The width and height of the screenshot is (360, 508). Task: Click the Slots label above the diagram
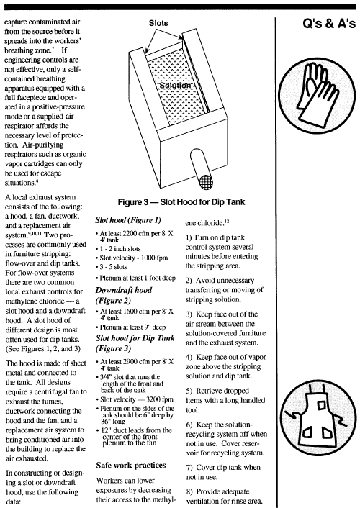coord(158,23)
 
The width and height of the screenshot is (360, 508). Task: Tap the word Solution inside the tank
coord(175,85)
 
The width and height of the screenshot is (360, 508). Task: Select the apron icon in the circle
coord(317,419)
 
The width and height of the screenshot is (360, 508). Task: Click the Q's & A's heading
coord(329,24)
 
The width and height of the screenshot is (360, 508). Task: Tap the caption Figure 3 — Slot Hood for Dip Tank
coord(181,202)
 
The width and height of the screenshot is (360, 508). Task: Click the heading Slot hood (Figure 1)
coord(127,220)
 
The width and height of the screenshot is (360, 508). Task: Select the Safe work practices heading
coord(131,466)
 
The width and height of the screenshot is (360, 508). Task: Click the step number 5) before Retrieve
coord(189,391)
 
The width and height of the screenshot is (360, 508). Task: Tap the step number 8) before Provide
coord(190,491)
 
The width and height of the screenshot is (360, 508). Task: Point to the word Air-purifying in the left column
coord(44,145)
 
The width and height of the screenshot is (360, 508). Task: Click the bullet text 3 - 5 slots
coord(113,267)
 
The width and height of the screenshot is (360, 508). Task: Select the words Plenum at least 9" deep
coord(132,327)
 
